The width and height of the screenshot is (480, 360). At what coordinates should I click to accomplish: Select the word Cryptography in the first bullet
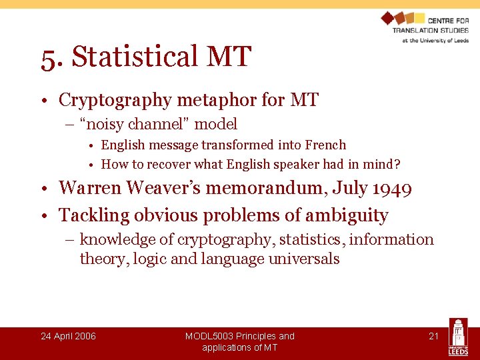point(115,101)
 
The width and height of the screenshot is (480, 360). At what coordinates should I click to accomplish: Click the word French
point(325,145)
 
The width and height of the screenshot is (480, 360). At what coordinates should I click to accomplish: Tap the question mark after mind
point(397,165)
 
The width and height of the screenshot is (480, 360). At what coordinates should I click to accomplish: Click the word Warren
point(87,189)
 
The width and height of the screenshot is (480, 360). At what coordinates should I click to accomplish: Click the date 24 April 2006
point(68,336)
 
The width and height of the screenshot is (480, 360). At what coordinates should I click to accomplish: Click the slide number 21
point(433,336)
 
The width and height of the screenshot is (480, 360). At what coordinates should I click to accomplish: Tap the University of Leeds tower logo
point(459,337)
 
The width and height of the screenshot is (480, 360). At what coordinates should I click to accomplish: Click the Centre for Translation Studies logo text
point(430,30)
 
